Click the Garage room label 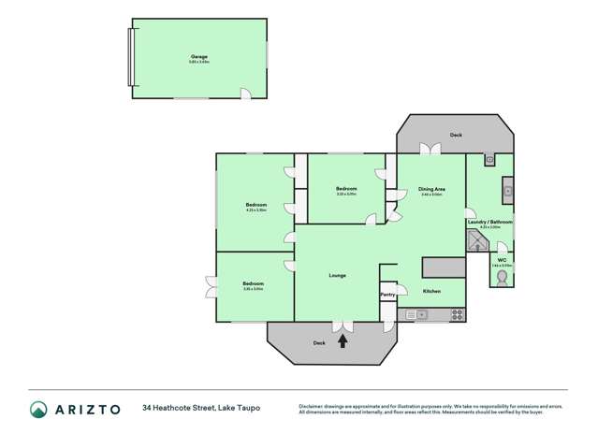click(199, 56)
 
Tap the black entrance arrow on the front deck click(343, 341)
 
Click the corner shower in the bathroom click(477, 243)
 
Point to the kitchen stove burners click(411, 315)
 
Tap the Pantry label click(387, 295)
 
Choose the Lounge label click(338, 275)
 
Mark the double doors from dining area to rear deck click(430, 149)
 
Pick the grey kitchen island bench click(444, 267)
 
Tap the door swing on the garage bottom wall click(245, 94)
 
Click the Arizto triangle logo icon click(38, 409)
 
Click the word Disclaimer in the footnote click(314, 405)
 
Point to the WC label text click(502, 259)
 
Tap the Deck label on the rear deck click(456, 135)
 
